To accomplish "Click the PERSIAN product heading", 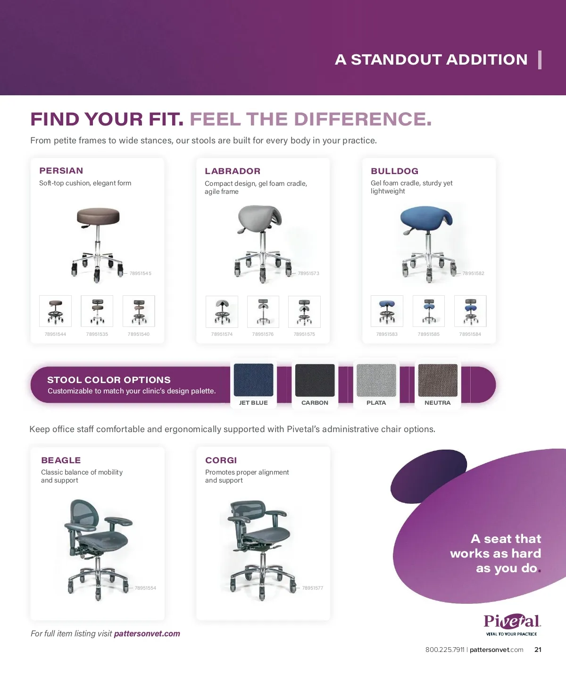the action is click(61, 171).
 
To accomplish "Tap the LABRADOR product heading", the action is click(233, 171).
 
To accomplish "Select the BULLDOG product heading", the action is click(394, 171).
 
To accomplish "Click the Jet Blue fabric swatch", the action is click(254, 380).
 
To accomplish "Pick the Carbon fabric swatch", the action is click(315, 380).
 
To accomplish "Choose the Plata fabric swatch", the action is click(376, 380).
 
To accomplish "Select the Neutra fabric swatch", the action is click(438, 380).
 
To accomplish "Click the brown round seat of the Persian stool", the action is click(98, 216).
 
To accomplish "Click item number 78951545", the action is click(140, 273).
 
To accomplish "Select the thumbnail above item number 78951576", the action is click(263, 311).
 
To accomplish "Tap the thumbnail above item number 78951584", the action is click(470, 311).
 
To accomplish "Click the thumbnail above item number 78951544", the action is click(55, 311).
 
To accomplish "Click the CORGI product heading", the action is click(221, 460).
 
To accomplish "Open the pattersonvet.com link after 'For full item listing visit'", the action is click(147, 634).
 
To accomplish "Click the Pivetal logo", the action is click(512, 625).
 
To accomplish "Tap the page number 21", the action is click(538, 650).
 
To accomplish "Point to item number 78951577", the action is click(312, 588).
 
